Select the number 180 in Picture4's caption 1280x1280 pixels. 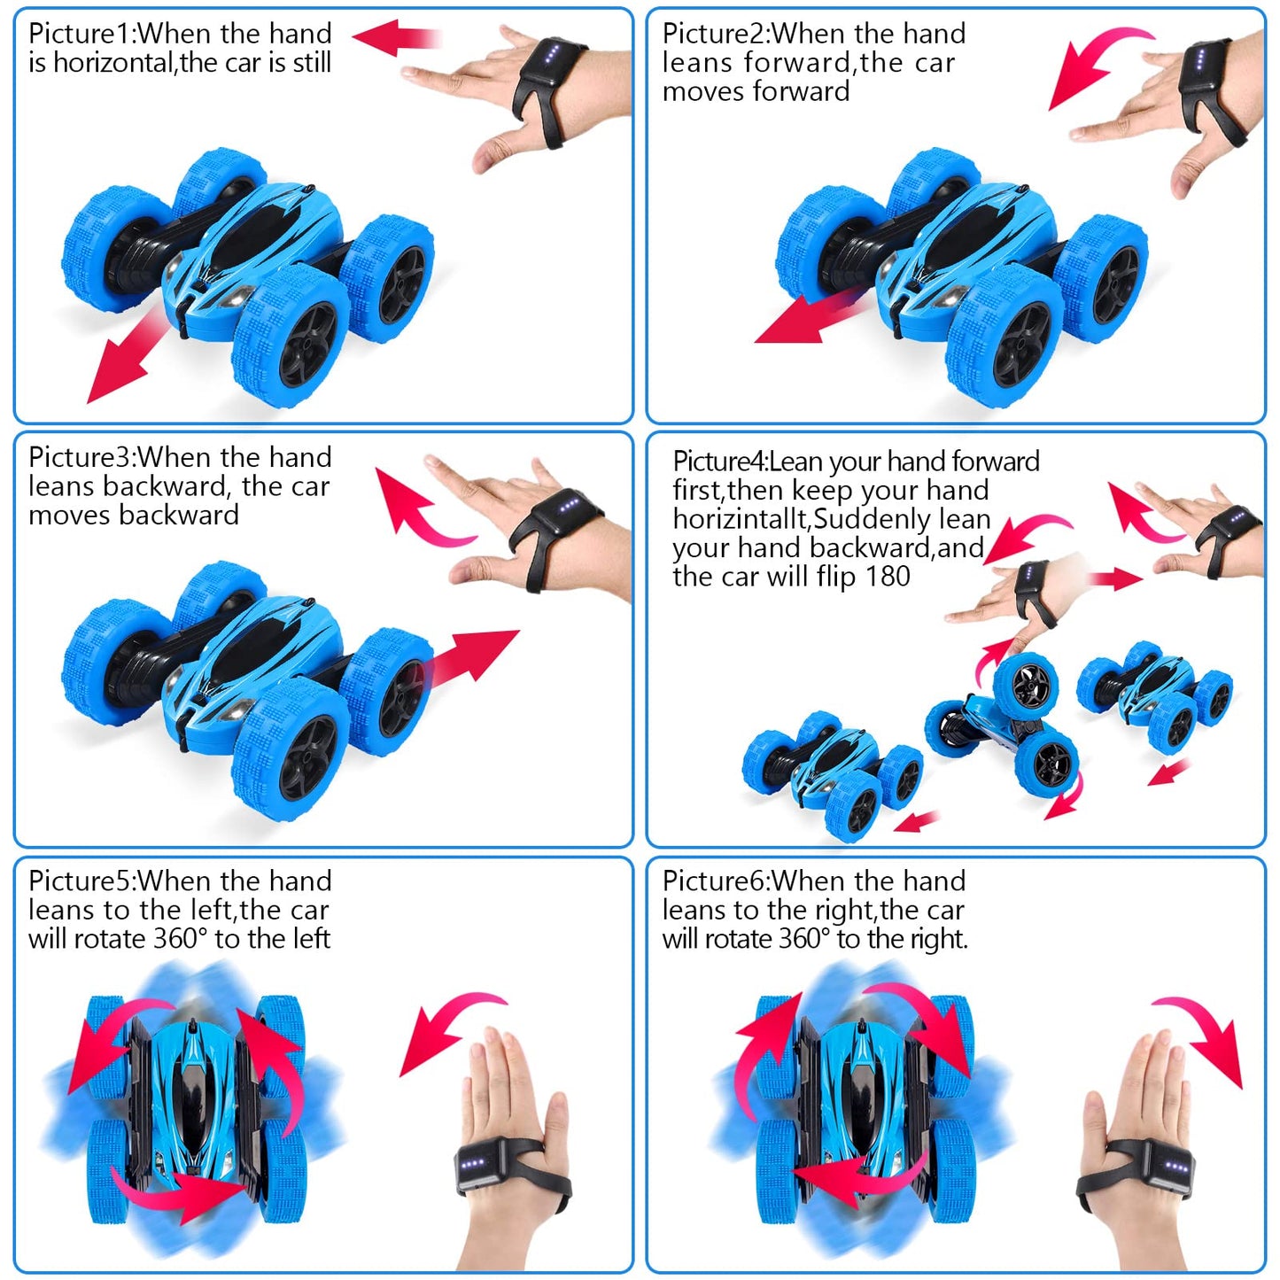tap(888, 577)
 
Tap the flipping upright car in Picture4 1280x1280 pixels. tap(1003, 725)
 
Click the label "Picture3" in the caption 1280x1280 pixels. tap(80, 458)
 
